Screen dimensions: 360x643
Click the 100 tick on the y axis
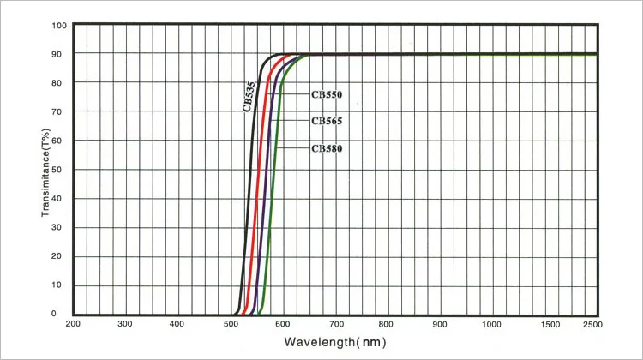coord(58,25)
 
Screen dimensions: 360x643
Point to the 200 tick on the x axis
coord(73,324)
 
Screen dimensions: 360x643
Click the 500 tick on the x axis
coord(231,324)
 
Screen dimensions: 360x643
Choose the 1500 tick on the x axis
coord(544,324)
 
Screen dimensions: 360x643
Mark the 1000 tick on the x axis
coord(492,324)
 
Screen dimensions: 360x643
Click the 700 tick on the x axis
coord(335,324)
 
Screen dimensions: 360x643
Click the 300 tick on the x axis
coord(125,324)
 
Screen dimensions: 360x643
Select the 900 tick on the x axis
coord(440,324)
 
